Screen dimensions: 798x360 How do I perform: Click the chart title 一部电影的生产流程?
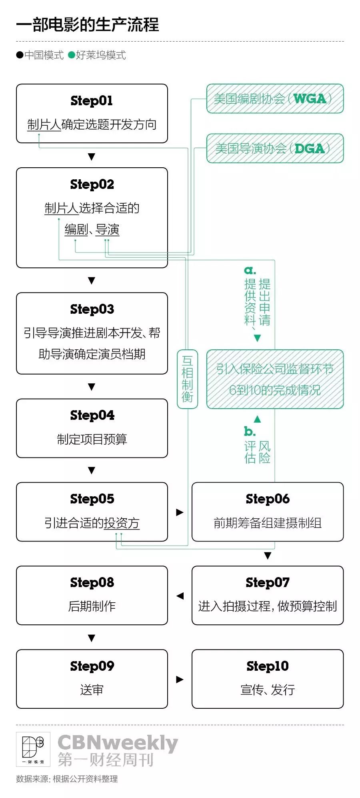pyautogui.click(x=88, y=24)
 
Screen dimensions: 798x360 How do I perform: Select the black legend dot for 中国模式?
pyautogui.click(x=20, y=55)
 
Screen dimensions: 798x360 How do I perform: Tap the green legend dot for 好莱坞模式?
pyautogui.click(x=72, y=55)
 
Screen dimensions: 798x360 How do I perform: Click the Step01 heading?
pyautogui.click(x=92, y=100)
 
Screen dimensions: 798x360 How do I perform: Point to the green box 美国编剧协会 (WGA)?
pyautogui.click(x=275, y=98)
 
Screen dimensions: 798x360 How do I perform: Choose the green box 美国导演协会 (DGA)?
pyautogui.click(x=275, y=148)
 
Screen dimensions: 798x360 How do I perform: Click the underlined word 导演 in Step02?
pyautogui.click(x=107, y=230)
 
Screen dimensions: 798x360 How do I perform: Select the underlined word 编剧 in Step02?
pyautogui.click(x=76, y=230)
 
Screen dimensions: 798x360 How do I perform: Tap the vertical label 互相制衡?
pyautogui.click(x=187, y=379)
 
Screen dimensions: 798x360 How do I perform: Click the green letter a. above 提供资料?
pyautogui.click(x=250, y=270)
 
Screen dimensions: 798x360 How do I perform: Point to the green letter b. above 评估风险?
pyautogui.click(x=250, y=431)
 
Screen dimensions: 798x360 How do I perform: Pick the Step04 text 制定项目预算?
pyautogui.click(x=92, y=439)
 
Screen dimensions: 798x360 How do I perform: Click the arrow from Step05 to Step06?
pyautogui.click(x=180, y=512)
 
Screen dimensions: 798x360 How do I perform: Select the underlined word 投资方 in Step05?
pyautogui.click(x=122, y=523)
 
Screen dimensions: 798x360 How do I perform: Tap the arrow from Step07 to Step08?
pyautogui.click(x=180, y=595)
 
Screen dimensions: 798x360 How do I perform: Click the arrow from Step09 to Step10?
pyautogui.click(x=180, y=679)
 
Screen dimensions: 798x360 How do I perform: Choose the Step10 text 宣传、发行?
pyautogui.click(x=267, y=690)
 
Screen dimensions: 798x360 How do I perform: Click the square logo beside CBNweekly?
pyautogui.click(x=33, y=749)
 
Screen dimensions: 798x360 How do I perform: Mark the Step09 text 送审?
pyautogui.click(x=92, y=690)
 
